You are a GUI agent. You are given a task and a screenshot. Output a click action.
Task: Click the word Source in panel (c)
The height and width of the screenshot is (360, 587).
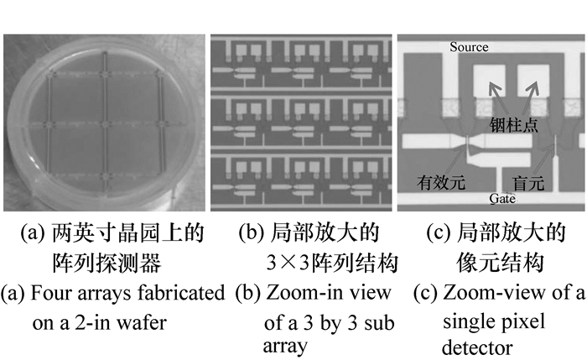tap(469, 47)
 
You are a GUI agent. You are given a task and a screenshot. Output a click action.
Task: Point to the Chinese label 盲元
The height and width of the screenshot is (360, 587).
tap(527, 180)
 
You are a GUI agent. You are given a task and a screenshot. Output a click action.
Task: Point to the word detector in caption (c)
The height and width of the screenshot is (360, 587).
tap(475, 346)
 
